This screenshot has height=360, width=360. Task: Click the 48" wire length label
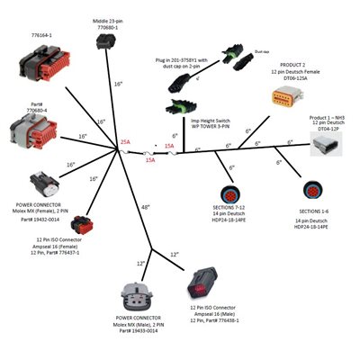pyautogui.click(x=145, y=208)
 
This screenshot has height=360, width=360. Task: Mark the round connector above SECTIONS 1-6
pyautogui.click(x=314, y=192)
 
